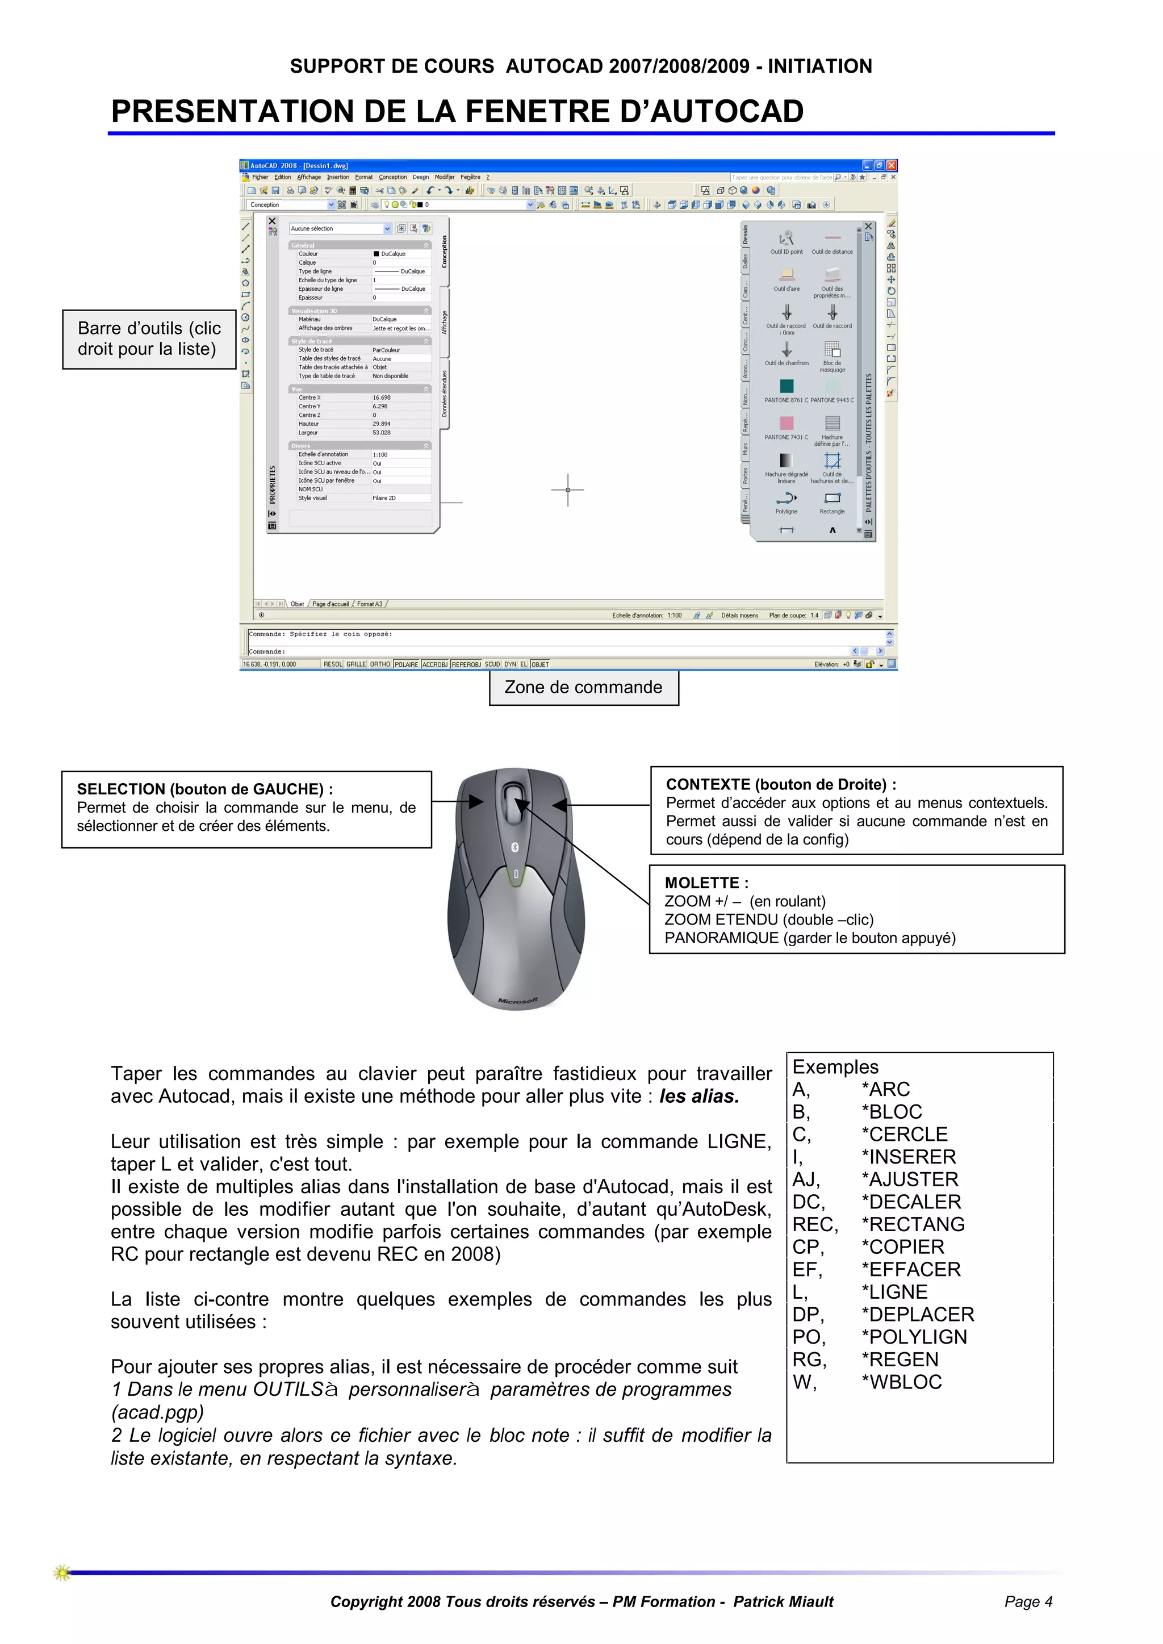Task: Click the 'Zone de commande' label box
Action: (584, 687)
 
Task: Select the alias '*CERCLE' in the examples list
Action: (905, 1134)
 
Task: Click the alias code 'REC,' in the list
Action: (814, 1224)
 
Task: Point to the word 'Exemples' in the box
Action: (835, 1067)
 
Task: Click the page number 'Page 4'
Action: (1028, 1602)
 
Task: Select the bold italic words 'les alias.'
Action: (699, 1096)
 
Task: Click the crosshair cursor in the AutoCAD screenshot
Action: (568, 490)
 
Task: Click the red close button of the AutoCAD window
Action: (892, 165)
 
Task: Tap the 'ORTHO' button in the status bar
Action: (380, 664)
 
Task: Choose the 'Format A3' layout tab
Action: (370, 604)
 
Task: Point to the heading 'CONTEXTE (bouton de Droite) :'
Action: (781, 784)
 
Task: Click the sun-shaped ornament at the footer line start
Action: (62, 1573)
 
